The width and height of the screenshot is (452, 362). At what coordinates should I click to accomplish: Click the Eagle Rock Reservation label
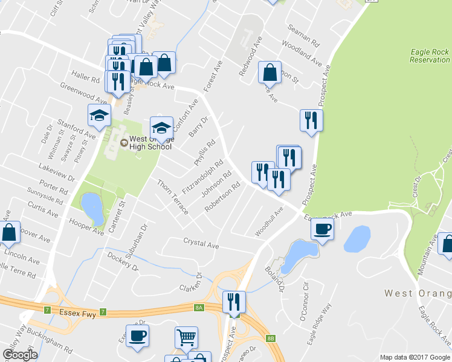point(429,56)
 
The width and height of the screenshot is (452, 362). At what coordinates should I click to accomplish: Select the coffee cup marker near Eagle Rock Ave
point(322,230)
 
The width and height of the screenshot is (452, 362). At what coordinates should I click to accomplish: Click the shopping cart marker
point(186,338)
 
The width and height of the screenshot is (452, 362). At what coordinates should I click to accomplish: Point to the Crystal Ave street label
point(201,243)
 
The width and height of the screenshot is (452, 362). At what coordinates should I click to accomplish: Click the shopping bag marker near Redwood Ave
point(270,72)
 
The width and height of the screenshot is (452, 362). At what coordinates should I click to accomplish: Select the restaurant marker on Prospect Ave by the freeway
point(233,301)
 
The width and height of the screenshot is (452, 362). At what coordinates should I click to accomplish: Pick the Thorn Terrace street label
point(173,197)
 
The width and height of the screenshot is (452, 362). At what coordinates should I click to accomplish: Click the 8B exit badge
point(271,338)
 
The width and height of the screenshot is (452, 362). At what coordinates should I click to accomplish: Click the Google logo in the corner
point(19,354)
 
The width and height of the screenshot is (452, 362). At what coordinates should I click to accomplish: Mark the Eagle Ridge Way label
point(319,329)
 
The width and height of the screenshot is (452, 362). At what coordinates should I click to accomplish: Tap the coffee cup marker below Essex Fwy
point(137,336)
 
